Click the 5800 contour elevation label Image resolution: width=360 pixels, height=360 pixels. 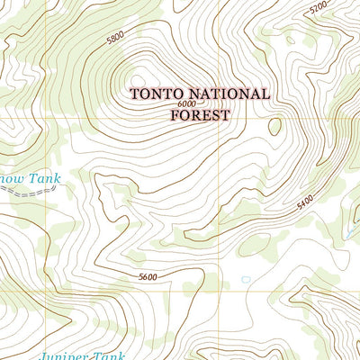(x=114, y=39)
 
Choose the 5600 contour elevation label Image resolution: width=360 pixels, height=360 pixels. (x=148, y=276)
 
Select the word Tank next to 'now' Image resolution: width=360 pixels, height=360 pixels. (x=42, y=179)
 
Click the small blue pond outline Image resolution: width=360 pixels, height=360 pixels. (x=245, y=279)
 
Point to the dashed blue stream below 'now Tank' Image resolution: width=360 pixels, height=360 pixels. (x=31, y=192)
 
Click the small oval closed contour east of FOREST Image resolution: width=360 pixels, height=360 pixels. (x=274, y=126)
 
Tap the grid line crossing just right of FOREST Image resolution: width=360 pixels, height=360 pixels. (x=223, y=119)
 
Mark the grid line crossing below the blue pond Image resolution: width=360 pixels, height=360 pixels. (x=223, y=291)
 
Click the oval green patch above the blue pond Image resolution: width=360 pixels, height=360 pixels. (x=255, y=245)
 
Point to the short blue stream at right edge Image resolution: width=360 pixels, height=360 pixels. (x=351, y=236)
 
